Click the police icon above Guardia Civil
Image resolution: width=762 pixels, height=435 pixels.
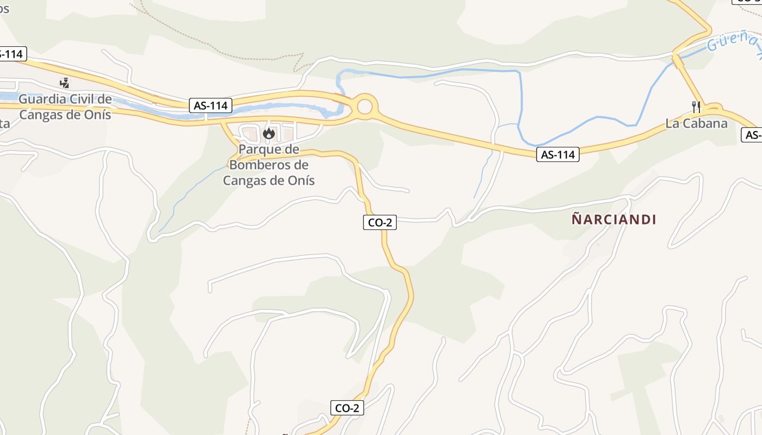click(65, 83)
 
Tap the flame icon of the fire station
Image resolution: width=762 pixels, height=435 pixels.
click(269, 133)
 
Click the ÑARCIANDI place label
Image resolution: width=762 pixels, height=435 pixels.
click(614, 220)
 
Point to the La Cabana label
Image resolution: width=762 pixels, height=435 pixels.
click(696, 123)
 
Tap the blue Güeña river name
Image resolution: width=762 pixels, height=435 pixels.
click(732, 41)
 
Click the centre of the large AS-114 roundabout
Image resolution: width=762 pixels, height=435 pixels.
click(365, 106)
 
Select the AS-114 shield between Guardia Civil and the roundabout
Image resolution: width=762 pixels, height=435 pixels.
click(211, 105)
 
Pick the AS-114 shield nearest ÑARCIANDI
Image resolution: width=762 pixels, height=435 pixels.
click(558, 154)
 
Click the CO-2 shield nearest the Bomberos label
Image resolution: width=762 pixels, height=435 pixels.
click(380, 222)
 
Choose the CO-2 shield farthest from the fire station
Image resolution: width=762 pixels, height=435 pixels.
click(347, 408)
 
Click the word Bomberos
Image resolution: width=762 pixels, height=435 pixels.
click(268, 165)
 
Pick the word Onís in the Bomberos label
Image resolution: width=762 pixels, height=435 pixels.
click(299, 181)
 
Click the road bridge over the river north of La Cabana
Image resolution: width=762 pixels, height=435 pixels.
click(678, 58)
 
